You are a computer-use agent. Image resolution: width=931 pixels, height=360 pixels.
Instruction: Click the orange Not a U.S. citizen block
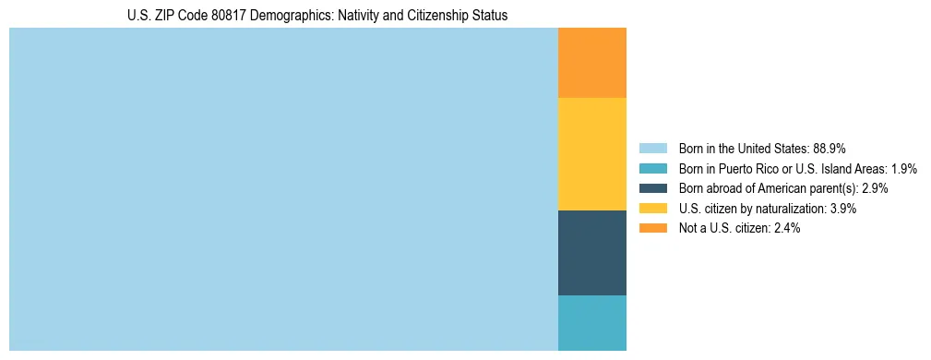point(592,63)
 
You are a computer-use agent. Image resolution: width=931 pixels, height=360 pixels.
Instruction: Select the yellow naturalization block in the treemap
point(592,153)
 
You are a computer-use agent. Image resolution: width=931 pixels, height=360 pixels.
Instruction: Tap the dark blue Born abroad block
point(592,252)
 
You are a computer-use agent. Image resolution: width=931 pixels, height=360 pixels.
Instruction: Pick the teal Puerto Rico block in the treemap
point(592,322)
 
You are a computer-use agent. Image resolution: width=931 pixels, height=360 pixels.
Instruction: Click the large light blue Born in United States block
point(283,189)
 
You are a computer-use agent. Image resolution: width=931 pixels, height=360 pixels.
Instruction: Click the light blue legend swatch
point(652,148)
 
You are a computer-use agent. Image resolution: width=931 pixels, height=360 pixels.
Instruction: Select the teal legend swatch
point(652,168)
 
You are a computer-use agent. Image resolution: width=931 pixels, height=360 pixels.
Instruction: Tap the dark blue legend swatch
point(652,188)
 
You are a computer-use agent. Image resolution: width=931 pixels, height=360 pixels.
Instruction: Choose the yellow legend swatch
point(652,209)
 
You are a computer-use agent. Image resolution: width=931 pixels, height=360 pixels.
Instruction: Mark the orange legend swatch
point(652,228)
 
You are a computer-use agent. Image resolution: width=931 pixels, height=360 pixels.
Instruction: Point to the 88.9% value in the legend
point(830,148)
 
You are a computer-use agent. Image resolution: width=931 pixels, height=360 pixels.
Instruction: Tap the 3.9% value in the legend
point(842,209)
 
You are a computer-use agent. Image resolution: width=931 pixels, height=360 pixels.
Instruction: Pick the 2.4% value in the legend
point(786,228)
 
